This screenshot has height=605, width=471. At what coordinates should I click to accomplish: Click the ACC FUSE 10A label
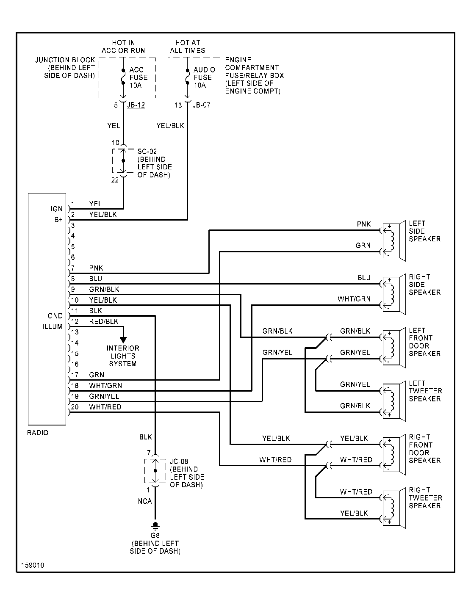click(139, 77)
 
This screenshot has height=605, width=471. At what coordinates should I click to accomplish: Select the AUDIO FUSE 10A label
click(204, 77)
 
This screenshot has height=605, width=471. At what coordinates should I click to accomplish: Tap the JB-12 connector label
click(136, 105)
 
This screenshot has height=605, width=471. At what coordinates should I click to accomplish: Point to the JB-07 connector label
click(201, 105)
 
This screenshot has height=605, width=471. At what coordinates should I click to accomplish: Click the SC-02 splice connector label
click(147, 152)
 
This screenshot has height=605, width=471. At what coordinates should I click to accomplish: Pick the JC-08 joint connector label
click(179, 461)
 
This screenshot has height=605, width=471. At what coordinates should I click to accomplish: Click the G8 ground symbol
click(155, 525)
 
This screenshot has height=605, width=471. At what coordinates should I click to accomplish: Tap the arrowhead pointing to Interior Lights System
click(123, 340)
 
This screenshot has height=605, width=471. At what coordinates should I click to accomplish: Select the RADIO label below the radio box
click(38, 433)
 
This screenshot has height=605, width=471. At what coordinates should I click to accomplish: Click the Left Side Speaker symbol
click(394, 241)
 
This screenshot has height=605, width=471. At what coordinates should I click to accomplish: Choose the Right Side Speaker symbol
click(394, 294)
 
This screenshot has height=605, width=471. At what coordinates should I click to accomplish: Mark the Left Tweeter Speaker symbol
click(394, 401)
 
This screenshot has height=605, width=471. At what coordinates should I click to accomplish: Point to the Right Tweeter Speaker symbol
click(394, 508)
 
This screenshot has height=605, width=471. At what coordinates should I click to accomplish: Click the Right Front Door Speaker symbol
click(394, 455)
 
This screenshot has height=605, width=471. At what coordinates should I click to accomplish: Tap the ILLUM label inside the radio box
click(53, 326)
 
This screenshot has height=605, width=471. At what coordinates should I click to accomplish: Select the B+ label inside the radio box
click(58, 220)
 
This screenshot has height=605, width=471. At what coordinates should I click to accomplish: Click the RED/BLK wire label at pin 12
click(104, 321)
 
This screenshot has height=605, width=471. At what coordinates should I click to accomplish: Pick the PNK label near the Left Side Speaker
click(364, 224)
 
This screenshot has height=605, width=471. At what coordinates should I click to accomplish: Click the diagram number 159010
click(33, 565)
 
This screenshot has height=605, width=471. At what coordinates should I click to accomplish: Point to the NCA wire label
click(145, 501)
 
